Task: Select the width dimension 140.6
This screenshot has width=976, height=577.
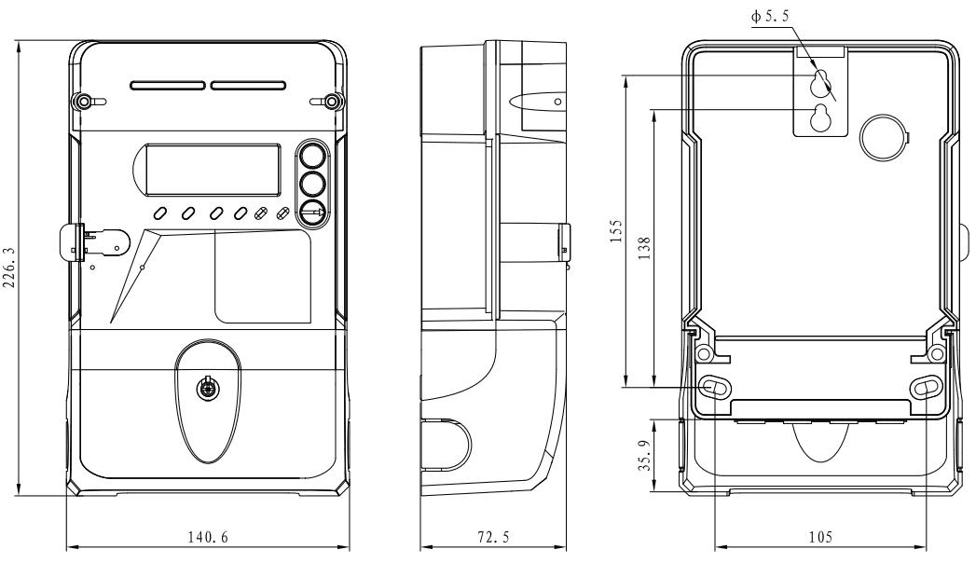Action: tap(207, 537)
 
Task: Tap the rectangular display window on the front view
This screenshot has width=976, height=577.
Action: tap(214, 167)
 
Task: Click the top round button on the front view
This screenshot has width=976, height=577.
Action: tap(314, 155)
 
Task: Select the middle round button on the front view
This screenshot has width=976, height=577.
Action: tap(314, 183)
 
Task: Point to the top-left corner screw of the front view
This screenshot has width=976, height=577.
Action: tap(84, 101)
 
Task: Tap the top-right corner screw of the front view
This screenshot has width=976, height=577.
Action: tap(332, 101)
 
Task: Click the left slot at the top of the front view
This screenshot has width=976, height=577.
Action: tap(168, 86)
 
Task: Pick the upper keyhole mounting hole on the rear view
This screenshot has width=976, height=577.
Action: tap(819, 84)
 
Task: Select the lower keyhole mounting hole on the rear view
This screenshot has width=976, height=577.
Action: tap(820, 118)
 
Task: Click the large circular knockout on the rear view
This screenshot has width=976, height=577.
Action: tap(879, 137)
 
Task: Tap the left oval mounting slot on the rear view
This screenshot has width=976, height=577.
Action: tap(714, 386)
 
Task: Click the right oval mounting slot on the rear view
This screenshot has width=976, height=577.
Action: tap(928, 386)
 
